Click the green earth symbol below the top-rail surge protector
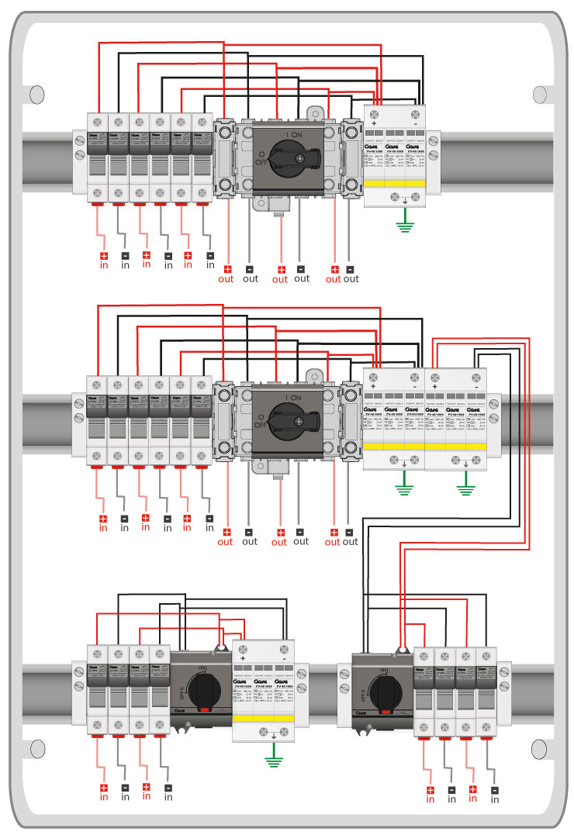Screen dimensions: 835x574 tap(405, 226)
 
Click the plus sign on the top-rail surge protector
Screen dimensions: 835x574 tap(375, 125)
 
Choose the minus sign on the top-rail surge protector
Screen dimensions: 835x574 tap(417, 125)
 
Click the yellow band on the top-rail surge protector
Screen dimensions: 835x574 tap(395, 184)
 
